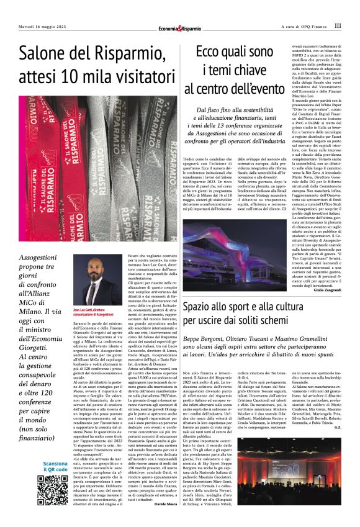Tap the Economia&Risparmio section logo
(179, 27)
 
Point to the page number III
(337, 26)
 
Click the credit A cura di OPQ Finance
(302, 26)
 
